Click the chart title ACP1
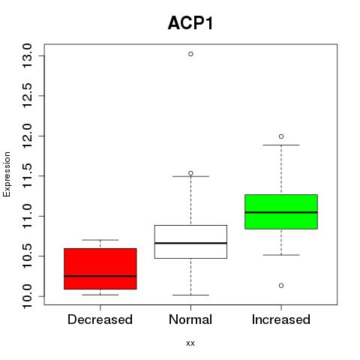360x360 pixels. (190, 23)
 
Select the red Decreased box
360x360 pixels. (100, 268)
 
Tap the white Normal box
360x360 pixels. (190, 241)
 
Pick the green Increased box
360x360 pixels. (281, 211)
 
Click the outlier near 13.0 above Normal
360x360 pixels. (190, 54)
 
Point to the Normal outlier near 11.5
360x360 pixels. (190, 173)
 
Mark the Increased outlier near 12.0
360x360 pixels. (281, 136)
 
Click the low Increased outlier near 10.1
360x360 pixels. (281, 286)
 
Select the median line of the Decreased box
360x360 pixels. (100, 276)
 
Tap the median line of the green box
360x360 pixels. (281, 212)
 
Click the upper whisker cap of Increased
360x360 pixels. (281, 145)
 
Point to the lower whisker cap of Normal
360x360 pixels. (190, 295)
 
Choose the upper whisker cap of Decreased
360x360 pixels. (100, 240)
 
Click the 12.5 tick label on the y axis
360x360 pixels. (27, 96)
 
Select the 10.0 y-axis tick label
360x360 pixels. (27, 296)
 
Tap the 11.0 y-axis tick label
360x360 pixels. (27, 216)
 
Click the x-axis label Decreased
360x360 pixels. (100, 319)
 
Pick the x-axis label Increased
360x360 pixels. (281, 319)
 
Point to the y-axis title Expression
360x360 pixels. (7, 174)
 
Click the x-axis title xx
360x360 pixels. (190, 343)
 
